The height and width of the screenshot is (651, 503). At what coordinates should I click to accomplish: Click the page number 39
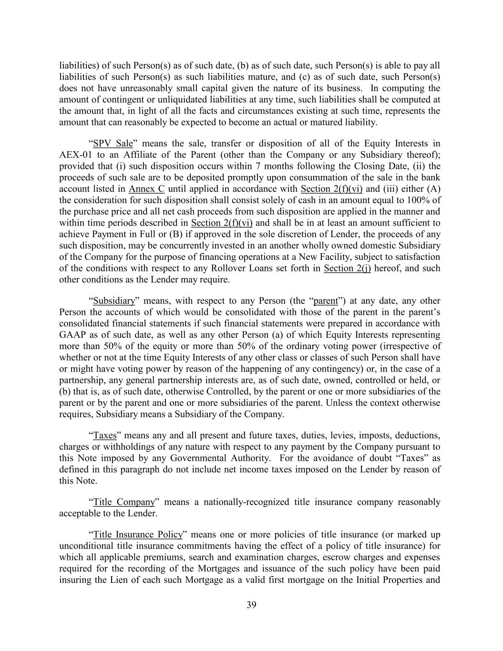point(251,605)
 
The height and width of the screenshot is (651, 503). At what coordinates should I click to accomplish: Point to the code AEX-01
point(74,155)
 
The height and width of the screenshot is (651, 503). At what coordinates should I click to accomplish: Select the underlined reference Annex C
point(146,189)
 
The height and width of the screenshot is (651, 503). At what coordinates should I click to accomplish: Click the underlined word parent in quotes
point(326,301)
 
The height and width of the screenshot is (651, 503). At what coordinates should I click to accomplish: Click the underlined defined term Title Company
point(124,502)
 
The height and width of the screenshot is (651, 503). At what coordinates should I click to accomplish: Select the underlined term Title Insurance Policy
point(138,535)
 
